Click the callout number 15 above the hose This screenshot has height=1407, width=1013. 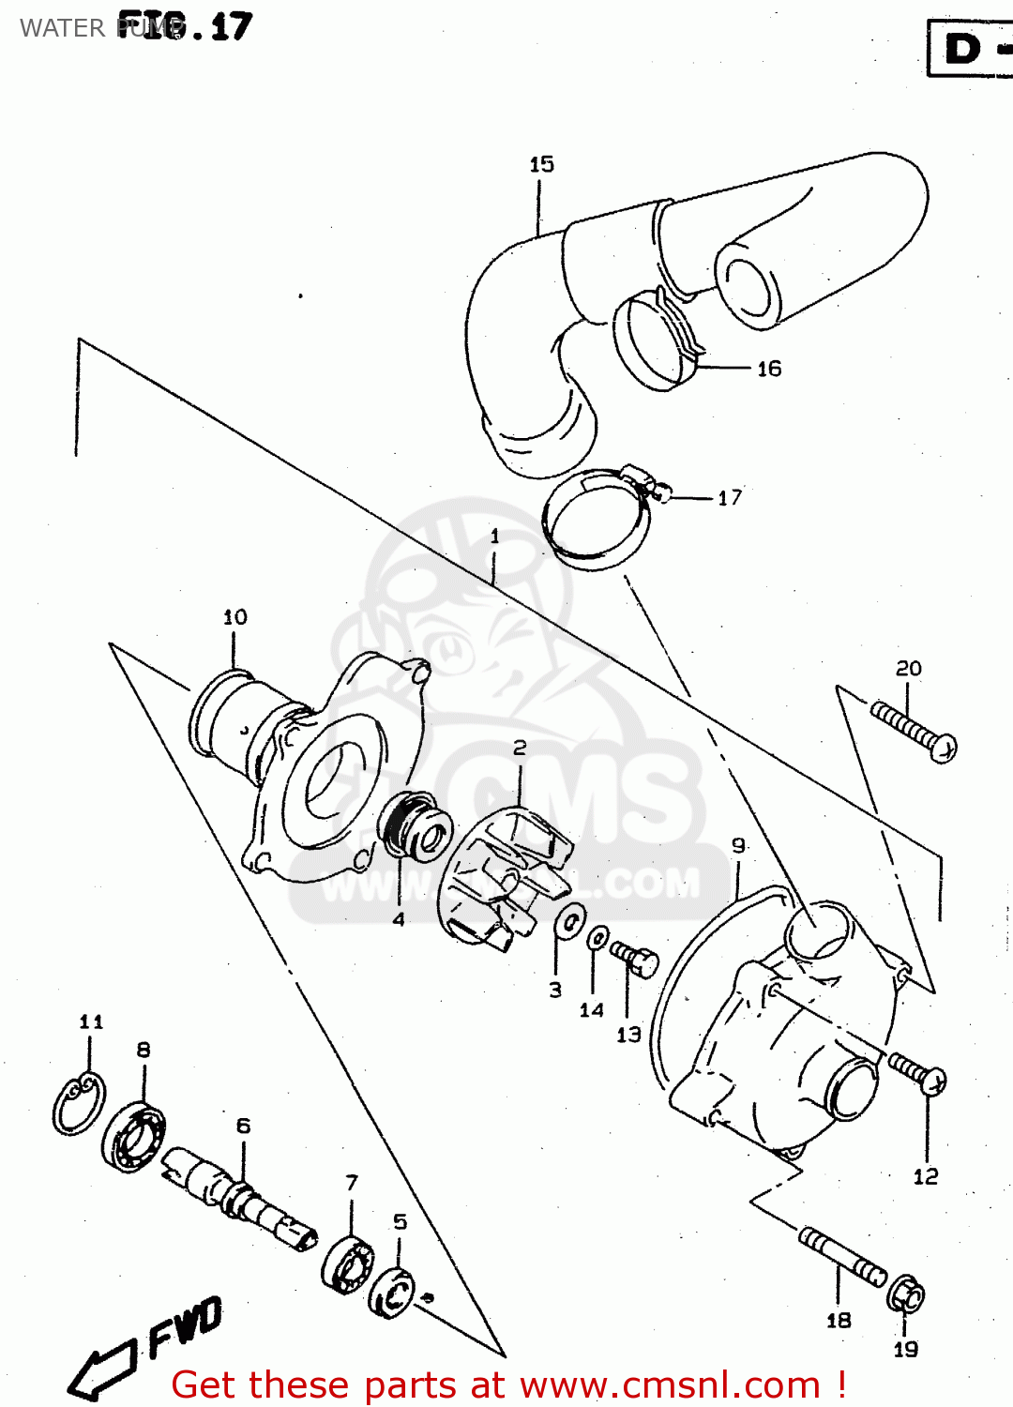(x=541, y=164)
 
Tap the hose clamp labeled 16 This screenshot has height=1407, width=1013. (x=658, y=340)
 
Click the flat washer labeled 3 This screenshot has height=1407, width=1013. (x=569, y=922)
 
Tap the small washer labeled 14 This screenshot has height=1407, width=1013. (x=597, y=937)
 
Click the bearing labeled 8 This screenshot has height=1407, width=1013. (x=134, y=1137)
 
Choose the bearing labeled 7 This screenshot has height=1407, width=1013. (x=347, y=1263)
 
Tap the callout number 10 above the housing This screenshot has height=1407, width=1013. (x=234, y=616)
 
